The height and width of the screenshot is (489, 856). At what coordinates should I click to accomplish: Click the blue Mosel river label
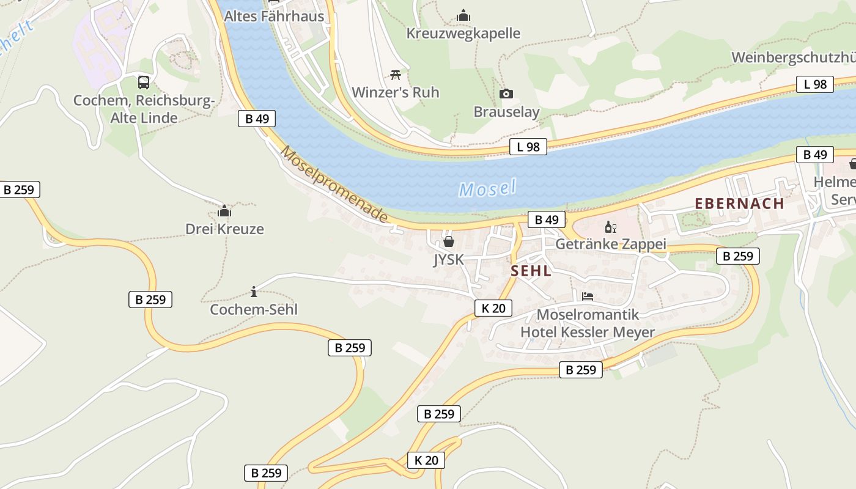point(487,188)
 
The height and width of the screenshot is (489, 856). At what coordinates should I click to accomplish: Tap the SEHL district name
point(531,271)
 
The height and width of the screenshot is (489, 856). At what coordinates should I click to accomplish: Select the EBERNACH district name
point(739,204)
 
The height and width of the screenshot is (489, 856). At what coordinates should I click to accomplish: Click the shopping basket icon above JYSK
point(449,241)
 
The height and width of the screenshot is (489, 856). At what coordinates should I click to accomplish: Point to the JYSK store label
point(449,260)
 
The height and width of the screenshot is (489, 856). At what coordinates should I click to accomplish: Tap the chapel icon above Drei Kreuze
point(224,211)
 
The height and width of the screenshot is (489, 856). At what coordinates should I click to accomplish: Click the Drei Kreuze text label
point(224,229)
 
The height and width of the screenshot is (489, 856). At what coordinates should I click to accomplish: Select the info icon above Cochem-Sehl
point(254,292)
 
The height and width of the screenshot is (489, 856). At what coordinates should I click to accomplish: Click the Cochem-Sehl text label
point(254,309)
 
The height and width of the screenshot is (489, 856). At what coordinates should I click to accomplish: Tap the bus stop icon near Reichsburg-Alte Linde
point(144,82)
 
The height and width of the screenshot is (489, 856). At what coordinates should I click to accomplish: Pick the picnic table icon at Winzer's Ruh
point(396,75)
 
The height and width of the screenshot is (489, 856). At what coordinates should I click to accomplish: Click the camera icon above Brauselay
point(506,94)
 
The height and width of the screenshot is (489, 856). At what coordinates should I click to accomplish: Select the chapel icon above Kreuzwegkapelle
point(463,15)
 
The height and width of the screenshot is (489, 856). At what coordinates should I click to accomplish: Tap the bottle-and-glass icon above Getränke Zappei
point(610,227)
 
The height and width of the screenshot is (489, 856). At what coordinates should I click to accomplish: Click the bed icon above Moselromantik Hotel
point(588,296)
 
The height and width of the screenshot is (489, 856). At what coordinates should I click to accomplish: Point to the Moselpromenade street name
point(334,184)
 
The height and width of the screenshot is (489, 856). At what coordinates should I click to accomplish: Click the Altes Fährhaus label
point(274,16)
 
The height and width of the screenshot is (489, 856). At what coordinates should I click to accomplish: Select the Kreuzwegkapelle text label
point(463,33)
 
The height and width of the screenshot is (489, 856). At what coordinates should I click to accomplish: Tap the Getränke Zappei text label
point(610,244)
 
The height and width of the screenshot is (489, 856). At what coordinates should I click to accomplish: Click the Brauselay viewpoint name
point(506,111)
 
